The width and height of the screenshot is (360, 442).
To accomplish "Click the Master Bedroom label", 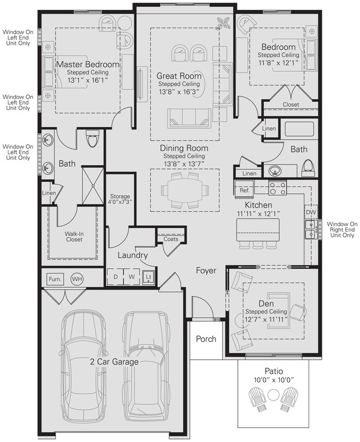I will (x=88, y=64).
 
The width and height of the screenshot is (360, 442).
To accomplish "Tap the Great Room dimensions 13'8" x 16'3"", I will (x=179, y=92).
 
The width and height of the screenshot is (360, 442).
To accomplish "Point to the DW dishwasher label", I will (x=311, y=212).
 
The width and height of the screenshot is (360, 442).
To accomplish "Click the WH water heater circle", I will (x=77, y=279).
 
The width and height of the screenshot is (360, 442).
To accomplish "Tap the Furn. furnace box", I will (x=55, y=279).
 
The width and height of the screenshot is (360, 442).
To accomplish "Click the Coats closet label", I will (x=171, y=239).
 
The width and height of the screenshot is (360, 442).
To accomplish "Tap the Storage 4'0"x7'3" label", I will (x=120, y=199).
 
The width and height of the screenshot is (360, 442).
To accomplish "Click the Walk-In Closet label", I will (x=74, y=236).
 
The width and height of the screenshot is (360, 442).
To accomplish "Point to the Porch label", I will (x=206, y=339).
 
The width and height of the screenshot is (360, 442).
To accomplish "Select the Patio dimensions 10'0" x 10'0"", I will (x=274, y=380).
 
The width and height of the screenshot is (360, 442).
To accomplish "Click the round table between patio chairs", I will (x=273, y=395).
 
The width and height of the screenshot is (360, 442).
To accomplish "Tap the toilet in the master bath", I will (x=93, y=139).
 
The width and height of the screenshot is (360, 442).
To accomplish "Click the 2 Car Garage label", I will (x=114, y=361).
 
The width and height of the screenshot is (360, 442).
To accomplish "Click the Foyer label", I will (x=206, y=271).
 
